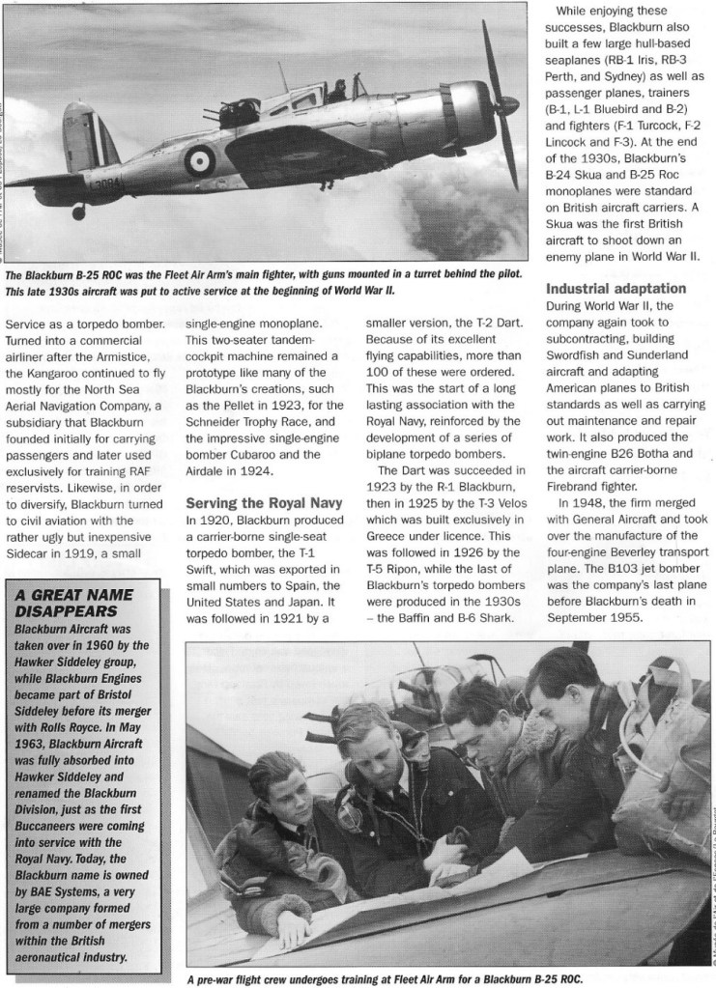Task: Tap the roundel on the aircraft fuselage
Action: [200, 159]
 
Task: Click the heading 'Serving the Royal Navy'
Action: [260, 503]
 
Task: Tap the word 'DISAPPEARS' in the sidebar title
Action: [67, 610]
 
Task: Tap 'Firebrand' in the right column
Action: [577, 485]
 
